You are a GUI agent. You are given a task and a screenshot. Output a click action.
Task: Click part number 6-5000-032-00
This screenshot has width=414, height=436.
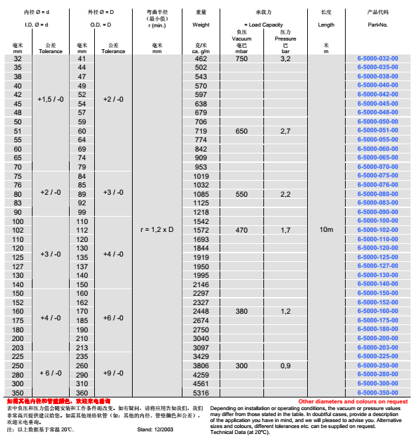click(378, 58)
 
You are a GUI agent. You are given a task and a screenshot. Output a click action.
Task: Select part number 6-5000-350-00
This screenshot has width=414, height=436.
click(378, 393)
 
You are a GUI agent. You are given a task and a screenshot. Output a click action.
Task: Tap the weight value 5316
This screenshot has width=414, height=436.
click(200, 393)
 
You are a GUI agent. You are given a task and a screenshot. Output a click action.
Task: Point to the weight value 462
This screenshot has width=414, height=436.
click(200, 58)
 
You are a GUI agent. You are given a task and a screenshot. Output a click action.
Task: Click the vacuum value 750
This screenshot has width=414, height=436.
click(241, 58)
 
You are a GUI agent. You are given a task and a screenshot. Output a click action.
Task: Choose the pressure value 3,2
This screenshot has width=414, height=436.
click(285, 58)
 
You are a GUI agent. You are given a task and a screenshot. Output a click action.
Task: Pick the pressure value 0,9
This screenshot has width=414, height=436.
click(285, 366)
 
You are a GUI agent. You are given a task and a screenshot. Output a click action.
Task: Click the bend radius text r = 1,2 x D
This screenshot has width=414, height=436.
click(157, 229)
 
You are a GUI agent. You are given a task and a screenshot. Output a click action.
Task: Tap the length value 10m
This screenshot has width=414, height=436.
click(326, 229)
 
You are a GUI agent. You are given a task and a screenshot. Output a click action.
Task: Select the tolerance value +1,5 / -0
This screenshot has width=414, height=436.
click(50, 98)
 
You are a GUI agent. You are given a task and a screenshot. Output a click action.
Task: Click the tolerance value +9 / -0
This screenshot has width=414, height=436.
click(113, 374)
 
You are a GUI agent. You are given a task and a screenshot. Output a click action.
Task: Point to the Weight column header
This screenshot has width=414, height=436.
click(200, 25)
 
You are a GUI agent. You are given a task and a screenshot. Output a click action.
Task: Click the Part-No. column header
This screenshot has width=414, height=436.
click(378, 25)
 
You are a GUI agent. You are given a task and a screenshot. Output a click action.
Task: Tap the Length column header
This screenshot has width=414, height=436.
click(326, 25)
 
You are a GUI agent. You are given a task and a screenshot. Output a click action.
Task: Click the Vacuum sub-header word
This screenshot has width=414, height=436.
click(241, 39)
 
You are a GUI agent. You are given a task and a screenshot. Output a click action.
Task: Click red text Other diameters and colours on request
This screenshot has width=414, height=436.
click(353, 401)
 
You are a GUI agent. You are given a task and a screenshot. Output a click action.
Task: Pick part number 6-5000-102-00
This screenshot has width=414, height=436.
click(378, 230)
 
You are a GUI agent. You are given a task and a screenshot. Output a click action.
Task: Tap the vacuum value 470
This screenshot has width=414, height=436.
click(241, 230)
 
